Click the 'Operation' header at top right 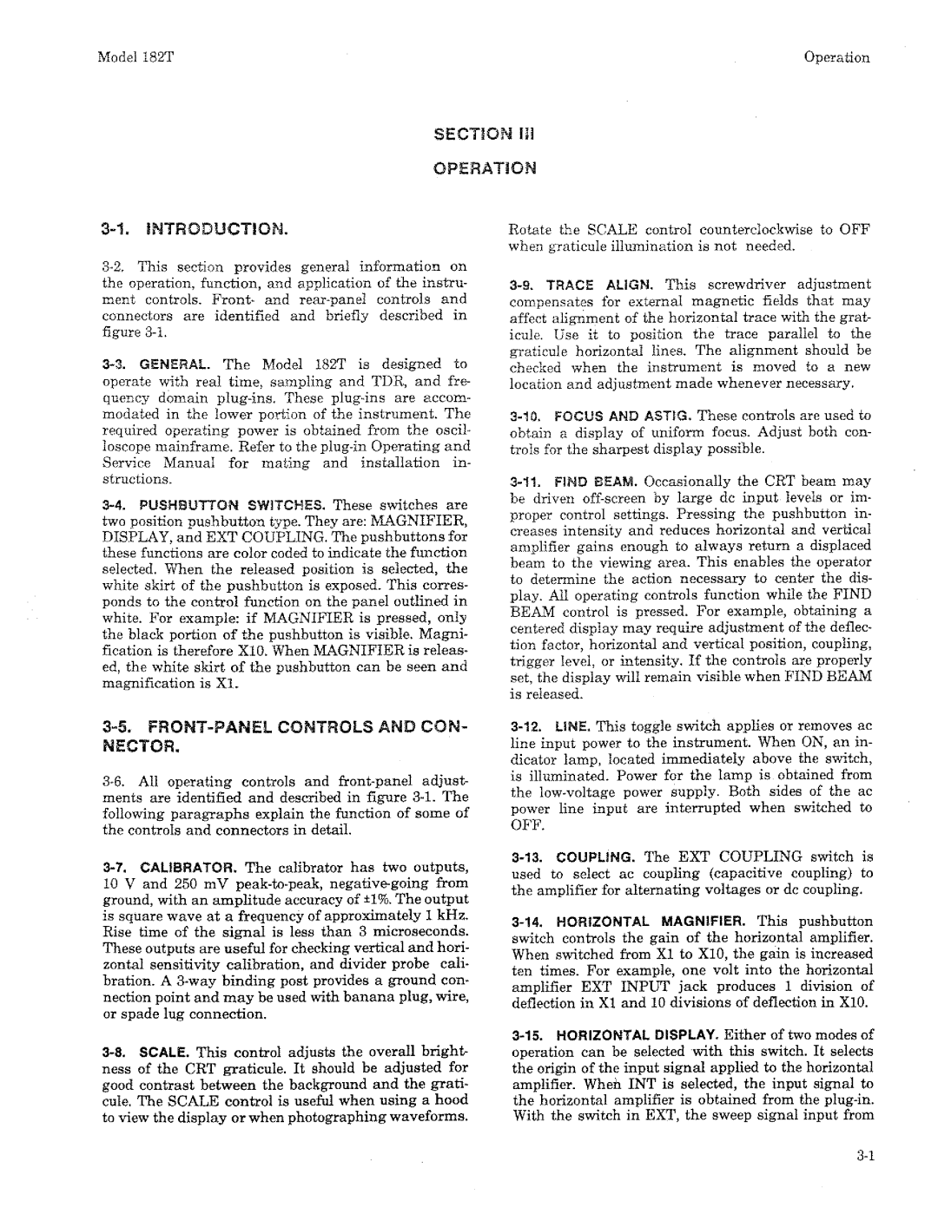tap(836, 58)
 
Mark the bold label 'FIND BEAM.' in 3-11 tap(578, 481)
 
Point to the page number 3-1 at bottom tap(860, 1153)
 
